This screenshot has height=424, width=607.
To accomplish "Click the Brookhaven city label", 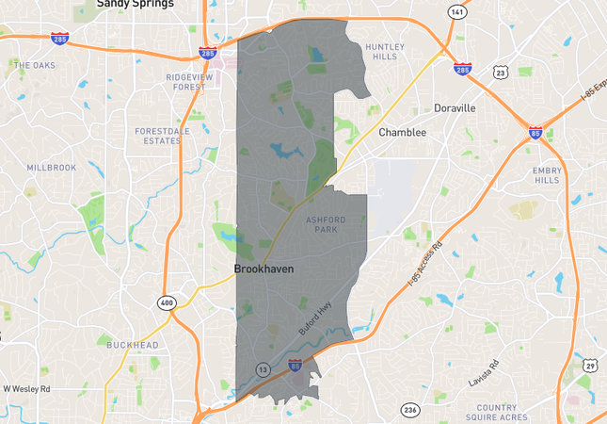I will pyautogui.click(x=264, y=269).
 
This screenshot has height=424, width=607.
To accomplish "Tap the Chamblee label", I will pyautogui.click(x=402, y=133).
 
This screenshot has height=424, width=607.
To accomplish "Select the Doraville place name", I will pyautogui.click(x=455, y=108).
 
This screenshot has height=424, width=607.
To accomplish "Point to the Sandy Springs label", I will pyautogui.click(x=136, y=5).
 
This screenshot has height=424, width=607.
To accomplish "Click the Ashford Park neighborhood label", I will pyautogui.click(x=327, y=224).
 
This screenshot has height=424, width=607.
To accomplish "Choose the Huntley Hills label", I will pyautogui.click(x=384, y=52).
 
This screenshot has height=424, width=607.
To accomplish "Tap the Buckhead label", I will pyautogui.click(x=132, y=345).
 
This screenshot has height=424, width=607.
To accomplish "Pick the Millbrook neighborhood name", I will pyautogui.click(x=51, y=167).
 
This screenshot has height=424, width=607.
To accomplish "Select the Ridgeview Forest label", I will pyautogui.click(x=184, y=81).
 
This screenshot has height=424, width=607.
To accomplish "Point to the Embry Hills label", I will pyautogui.click(x=547, y=175).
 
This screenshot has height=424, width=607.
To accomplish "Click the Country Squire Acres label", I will pyautogui.click(x=510, y=413).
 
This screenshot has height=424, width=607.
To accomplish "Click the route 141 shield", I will pyautogui.click(x=456, y=12).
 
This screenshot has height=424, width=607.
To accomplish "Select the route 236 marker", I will pyautogui.click(x=410, y=410).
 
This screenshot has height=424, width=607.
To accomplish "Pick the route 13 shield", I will pyautogui.click(x=262, y=369).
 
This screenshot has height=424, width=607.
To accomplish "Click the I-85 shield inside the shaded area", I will pyautogui.click(x=295, y=363).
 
